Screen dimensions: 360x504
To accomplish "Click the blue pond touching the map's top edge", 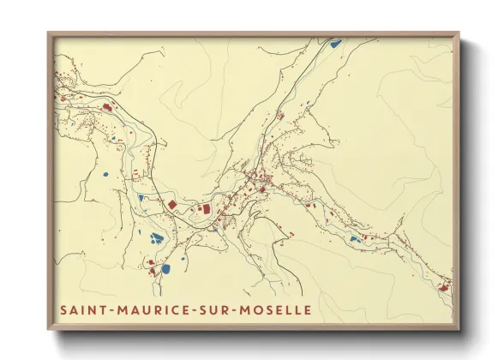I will tap(335, 42).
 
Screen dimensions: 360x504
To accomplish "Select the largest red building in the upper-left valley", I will tap(108, 107).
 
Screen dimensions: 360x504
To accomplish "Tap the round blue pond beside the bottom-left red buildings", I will tap(165, 268).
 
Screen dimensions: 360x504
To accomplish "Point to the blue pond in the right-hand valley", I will tap(353, 239).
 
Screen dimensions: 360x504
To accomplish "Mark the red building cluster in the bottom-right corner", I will tap(443, 285).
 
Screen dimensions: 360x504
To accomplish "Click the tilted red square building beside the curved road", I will tap(171, 205).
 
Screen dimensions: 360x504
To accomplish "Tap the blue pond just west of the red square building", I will tap(141, 198).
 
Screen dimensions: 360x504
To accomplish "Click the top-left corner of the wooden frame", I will tap(49, 33).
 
